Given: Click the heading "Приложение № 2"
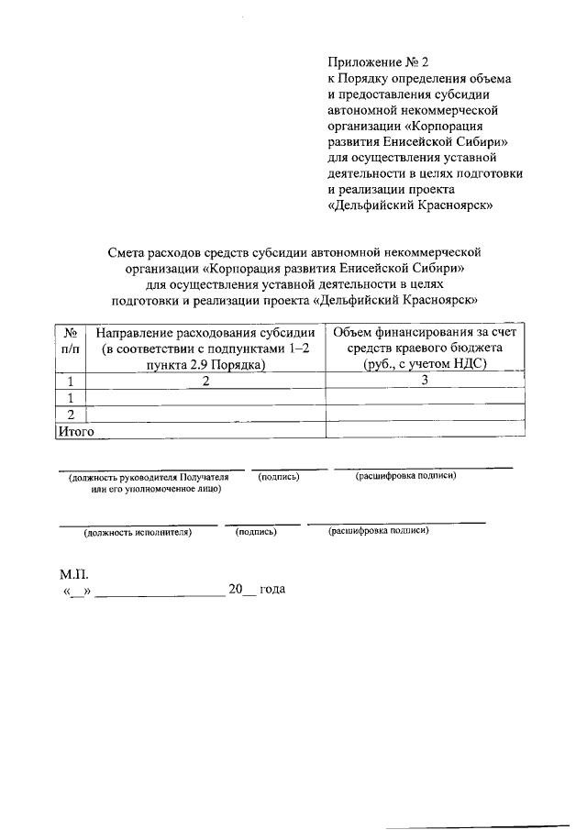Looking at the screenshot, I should pyautogui.click(x=378, y=62).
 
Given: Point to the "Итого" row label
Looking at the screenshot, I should pyautogui.click(x=76, y=429).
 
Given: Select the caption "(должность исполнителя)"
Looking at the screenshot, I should pyautogui.click(x=138, y=531).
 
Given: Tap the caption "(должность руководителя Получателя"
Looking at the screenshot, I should pyautogui.click(x=149, y=478).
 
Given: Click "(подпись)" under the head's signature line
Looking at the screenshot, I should pyautogui.click(x=279, y=477).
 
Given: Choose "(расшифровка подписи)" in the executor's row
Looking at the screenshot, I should pyautogui.click(x=378, y=530).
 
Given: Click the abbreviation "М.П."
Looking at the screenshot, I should pyautogui.click(x=74, y=574).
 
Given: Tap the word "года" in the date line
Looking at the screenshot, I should pyautogui.click(x=272, y=589).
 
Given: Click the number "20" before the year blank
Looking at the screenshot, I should pyautogui.click(x=237, y=589).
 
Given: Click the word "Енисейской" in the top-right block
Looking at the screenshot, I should pyautogui.click(x=423, y=142).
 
